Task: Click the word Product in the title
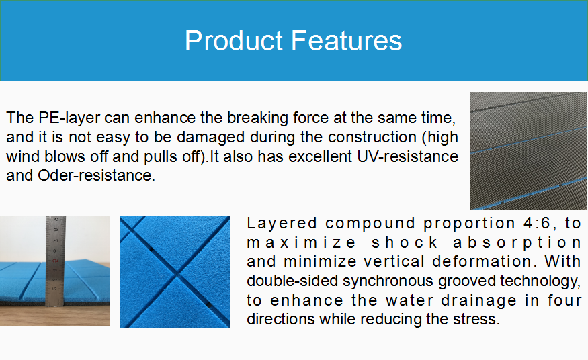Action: (234, 40)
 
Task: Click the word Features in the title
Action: (347, 40)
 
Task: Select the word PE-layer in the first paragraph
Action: (69, 118)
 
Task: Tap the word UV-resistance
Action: (407, 156)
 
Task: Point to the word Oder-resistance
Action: (96, 175)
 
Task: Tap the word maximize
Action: (302, 242)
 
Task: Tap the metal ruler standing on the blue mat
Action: (56, 261)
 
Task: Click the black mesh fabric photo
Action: (528, 150)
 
